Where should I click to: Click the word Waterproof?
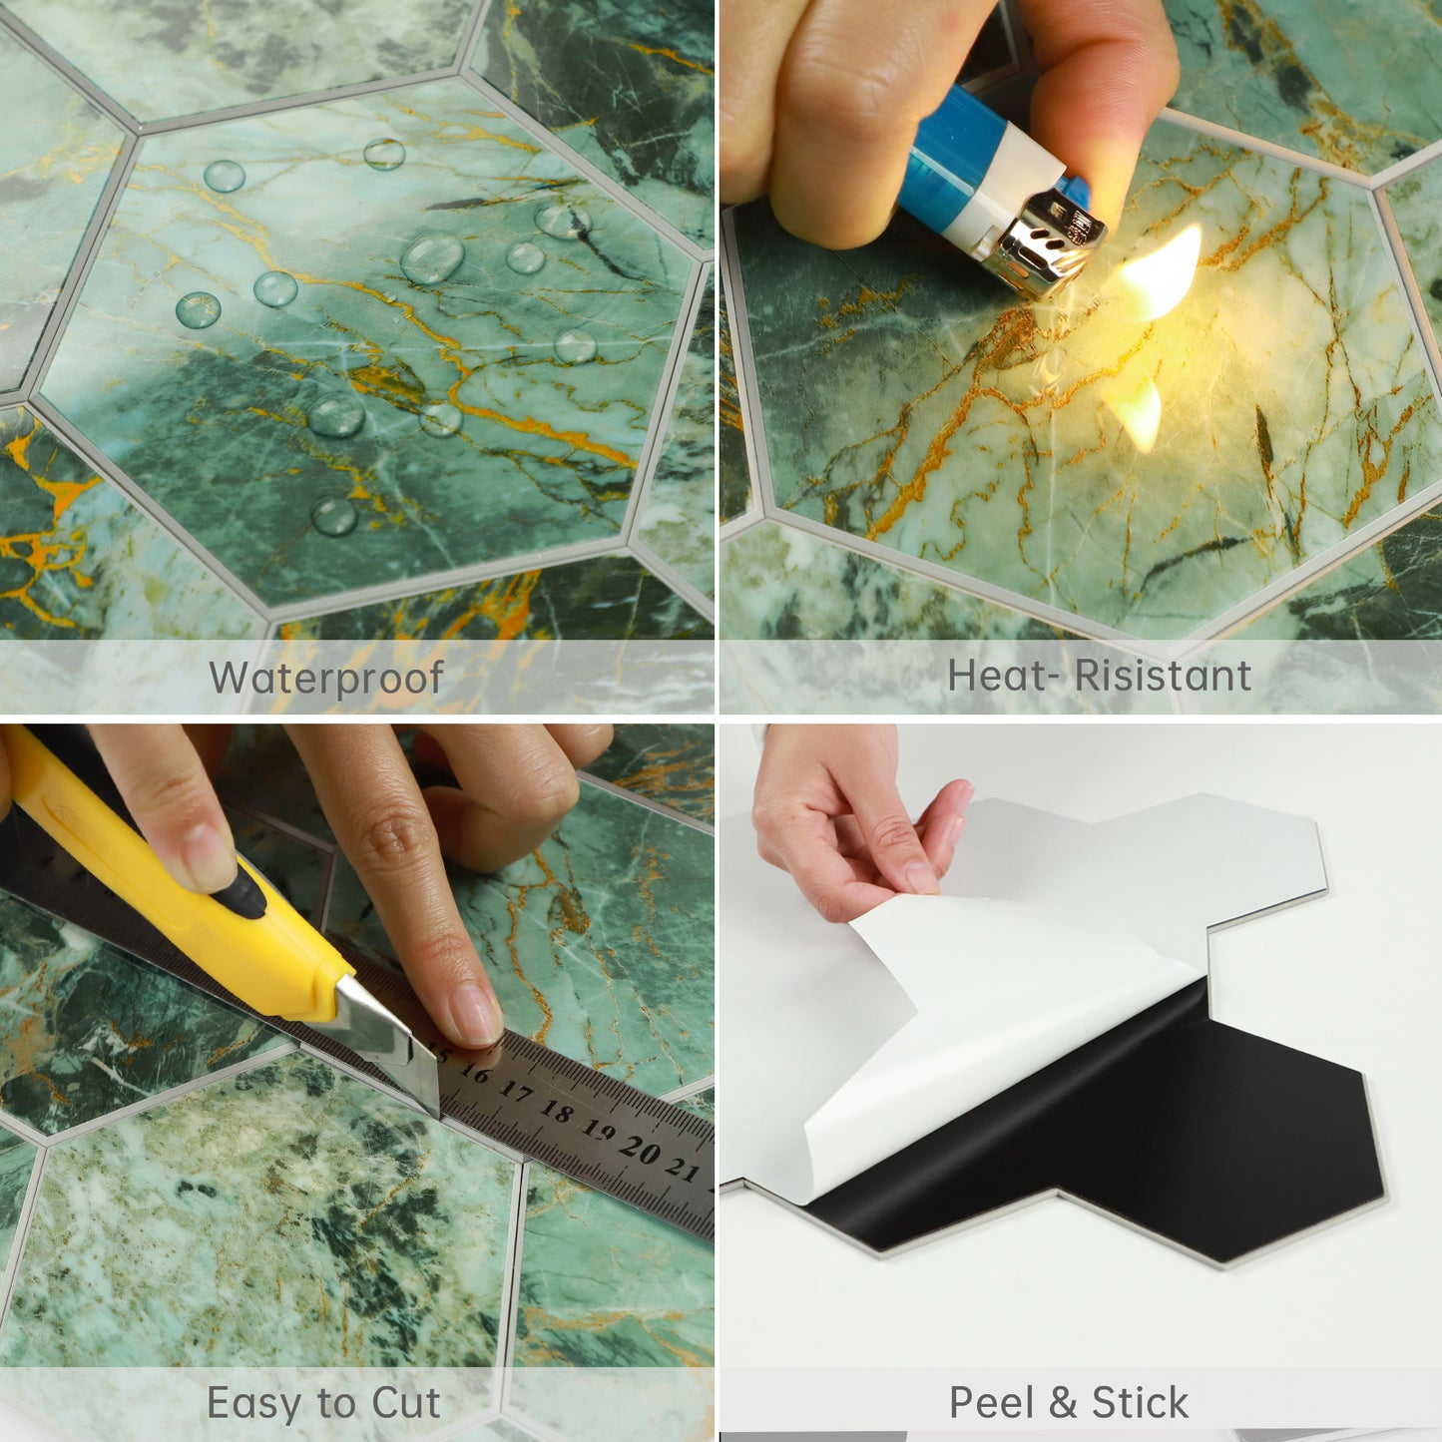[326, 679]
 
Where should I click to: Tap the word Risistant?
[1163, 676]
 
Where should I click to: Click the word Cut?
[406, 1403]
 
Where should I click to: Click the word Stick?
[1141, 1402]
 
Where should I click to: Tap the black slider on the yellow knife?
[244, 888]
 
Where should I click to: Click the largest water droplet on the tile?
[432, 257]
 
